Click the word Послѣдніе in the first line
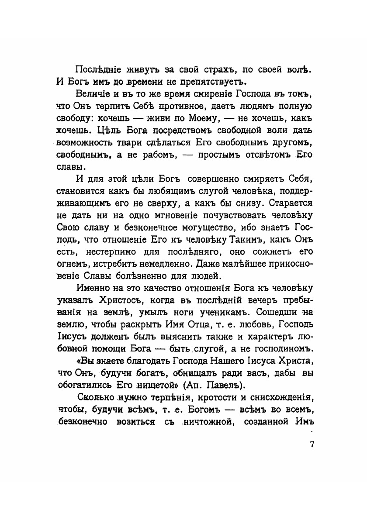pyautogui.click(x=97, y=69)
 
